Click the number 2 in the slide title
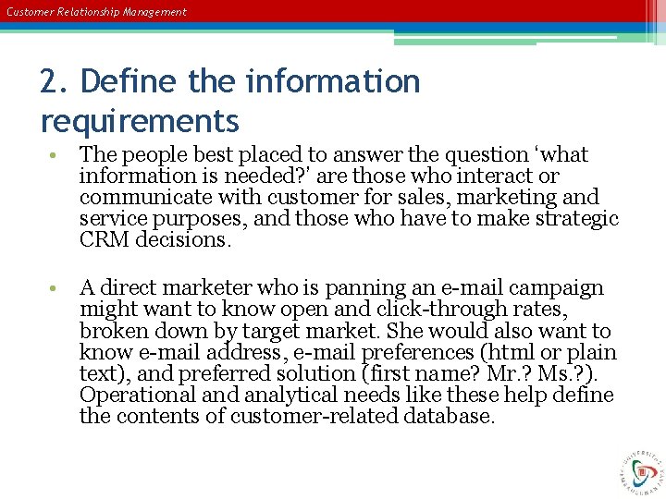click(x=50, y=82)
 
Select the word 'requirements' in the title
click(x=140, y=120)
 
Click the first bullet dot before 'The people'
click(x=57, y=155)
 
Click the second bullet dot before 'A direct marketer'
click(x=57, y=289)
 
